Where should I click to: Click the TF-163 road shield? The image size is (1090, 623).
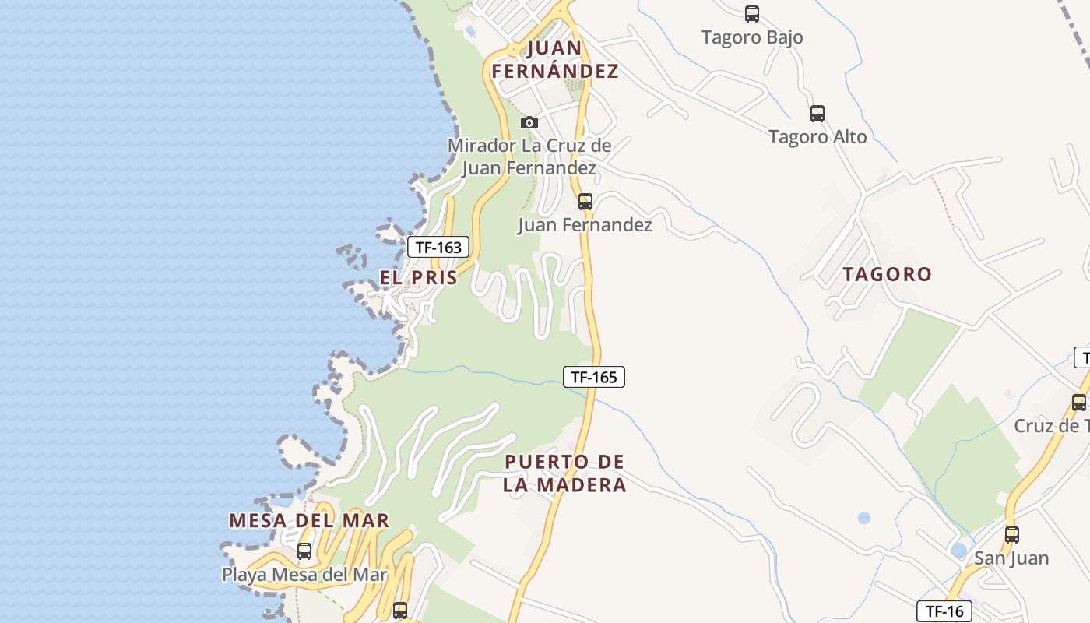(438, 248)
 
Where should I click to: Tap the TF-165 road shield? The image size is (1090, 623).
(594, 377)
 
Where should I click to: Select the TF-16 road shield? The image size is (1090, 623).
(944, 611)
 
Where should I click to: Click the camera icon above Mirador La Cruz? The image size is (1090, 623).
(529, 122)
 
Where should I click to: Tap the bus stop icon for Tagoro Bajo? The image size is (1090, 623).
(752, 13)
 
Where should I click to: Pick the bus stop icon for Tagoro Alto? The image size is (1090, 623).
(817, 114)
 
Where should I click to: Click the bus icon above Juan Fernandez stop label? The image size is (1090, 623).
(585, 202)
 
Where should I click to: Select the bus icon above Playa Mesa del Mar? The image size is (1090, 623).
(304, 551)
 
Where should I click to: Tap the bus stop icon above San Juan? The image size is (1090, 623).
(1012, 535)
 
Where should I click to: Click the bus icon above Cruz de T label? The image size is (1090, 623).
(1079, 403)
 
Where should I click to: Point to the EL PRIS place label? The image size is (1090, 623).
(419, 277)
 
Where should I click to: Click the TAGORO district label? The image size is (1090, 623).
(888, 274)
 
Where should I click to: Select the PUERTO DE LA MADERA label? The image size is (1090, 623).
(564, 473)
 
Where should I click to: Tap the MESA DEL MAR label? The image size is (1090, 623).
(309, 520)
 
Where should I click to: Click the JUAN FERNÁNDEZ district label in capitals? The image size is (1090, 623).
(555, 59)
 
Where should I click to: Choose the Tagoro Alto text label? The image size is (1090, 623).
(817, 137)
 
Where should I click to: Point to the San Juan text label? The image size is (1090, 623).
(1011, 558)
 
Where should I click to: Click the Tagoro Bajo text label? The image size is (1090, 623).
(752, 37)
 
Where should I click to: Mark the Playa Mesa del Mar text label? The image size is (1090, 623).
(304, 575)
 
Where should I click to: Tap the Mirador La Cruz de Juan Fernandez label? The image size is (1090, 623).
(529, 157)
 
